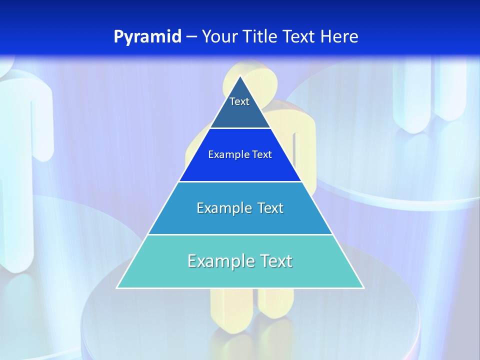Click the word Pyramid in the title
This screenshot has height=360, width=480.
pos(147,36)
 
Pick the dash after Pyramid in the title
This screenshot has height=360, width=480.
pos(191,37)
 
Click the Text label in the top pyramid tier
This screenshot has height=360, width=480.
pos(239,101)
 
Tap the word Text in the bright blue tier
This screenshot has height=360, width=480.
pos(262,155)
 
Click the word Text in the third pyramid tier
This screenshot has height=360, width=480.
pos(270,208)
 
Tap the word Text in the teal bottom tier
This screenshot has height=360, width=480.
pos(275,261)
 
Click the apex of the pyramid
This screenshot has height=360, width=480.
pos(240,76)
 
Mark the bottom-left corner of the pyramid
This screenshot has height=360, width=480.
pos(117,287)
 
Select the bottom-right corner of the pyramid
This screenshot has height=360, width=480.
pos(363,287)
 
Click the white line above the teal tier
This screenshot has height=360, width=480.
pos(240,234)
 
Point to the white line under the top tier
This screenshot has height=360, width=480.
pos(240,128)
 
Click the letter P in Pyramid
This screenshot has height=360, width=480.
pos(118,36)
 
